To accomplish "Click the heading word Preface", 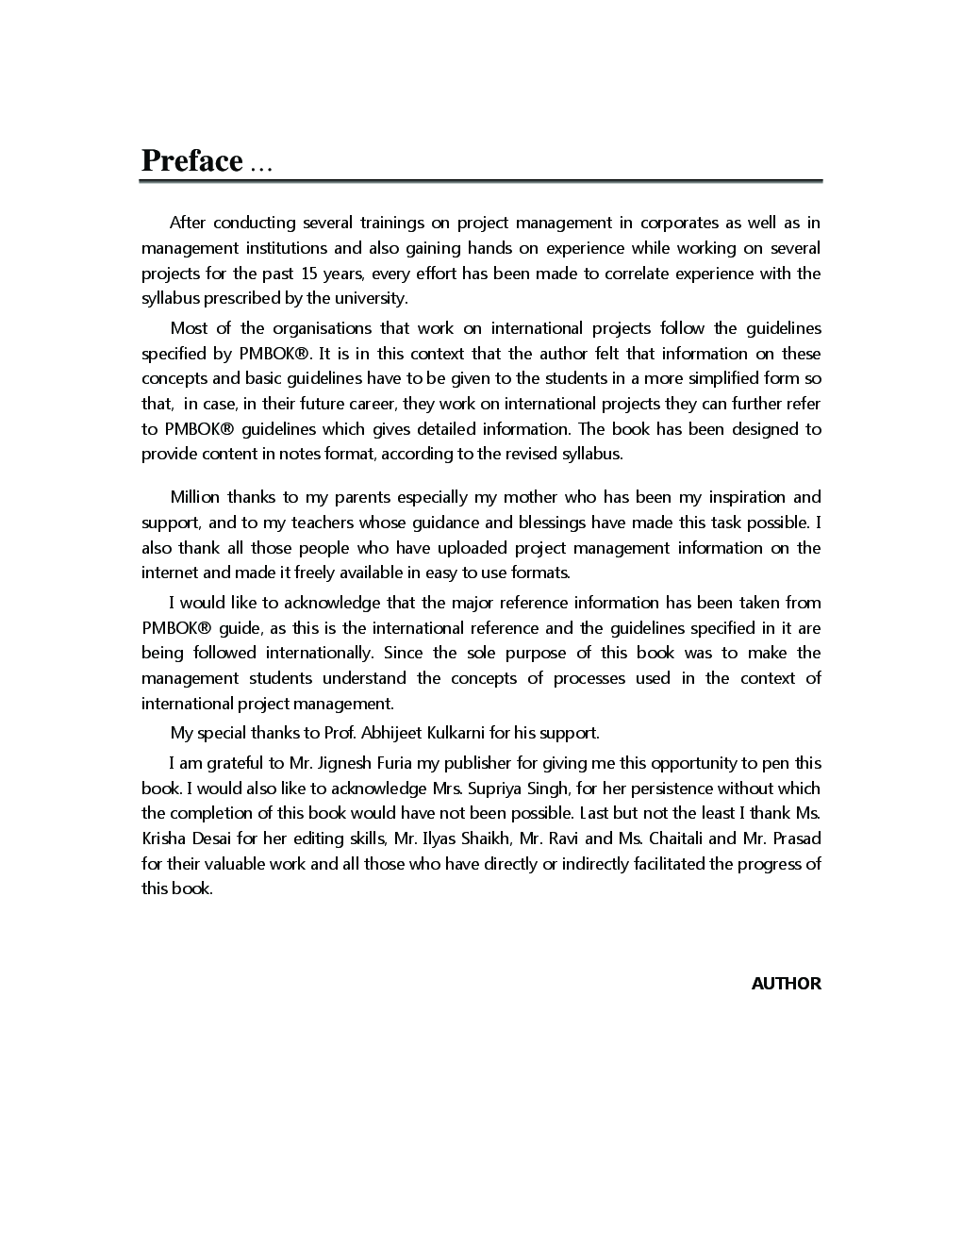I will point(192,161).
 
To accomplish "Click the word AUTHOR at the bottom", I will point(786,984).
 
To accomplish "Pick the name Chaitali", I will point(674,838).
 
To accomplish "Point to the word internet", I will point(170,573).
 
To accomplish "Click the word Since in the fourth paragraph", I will point(403,653).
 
